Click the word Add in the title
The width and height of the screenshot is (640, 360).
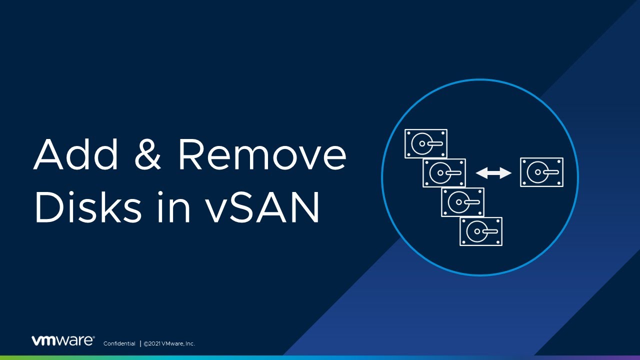click(76, 154)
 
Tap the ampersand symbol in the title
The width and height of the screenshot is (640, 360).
click(147, 154)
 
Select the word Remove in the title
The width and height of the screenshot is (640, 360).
click(262, 154)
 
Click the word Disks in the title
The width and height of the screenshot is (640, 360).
click(88, 206)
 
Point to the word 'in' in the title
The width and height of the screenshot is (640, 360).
click(173, 206)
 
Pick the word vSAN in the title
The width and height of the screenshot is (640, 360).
click(262, 207)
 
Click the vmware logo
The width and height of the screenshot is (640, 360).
click(63, 340)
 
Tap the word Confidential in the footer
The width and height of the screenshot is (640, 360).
click(119, 343)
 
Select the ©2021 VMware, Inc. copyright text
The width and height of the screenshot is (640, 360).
click(169, 343)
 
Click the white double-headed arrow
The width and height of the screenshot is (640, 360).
click(493, 173)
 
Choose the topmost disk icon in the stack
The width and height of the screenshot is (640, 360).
click(426, 143)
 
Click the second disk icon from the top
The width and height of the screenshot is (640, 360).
click(444, 173)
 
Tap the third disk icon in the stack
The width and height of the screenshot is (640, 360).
click(462, 202)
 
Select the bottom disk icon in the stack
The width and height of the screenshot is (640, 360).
click(481, 231)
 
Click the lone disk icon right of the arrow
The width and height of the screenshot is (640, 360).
click(541, 172)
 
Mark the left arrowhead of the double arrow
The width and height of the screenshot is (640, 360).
click(480, 173)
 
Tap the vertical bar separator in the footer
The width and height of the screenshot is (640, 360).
click(140, 343)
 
